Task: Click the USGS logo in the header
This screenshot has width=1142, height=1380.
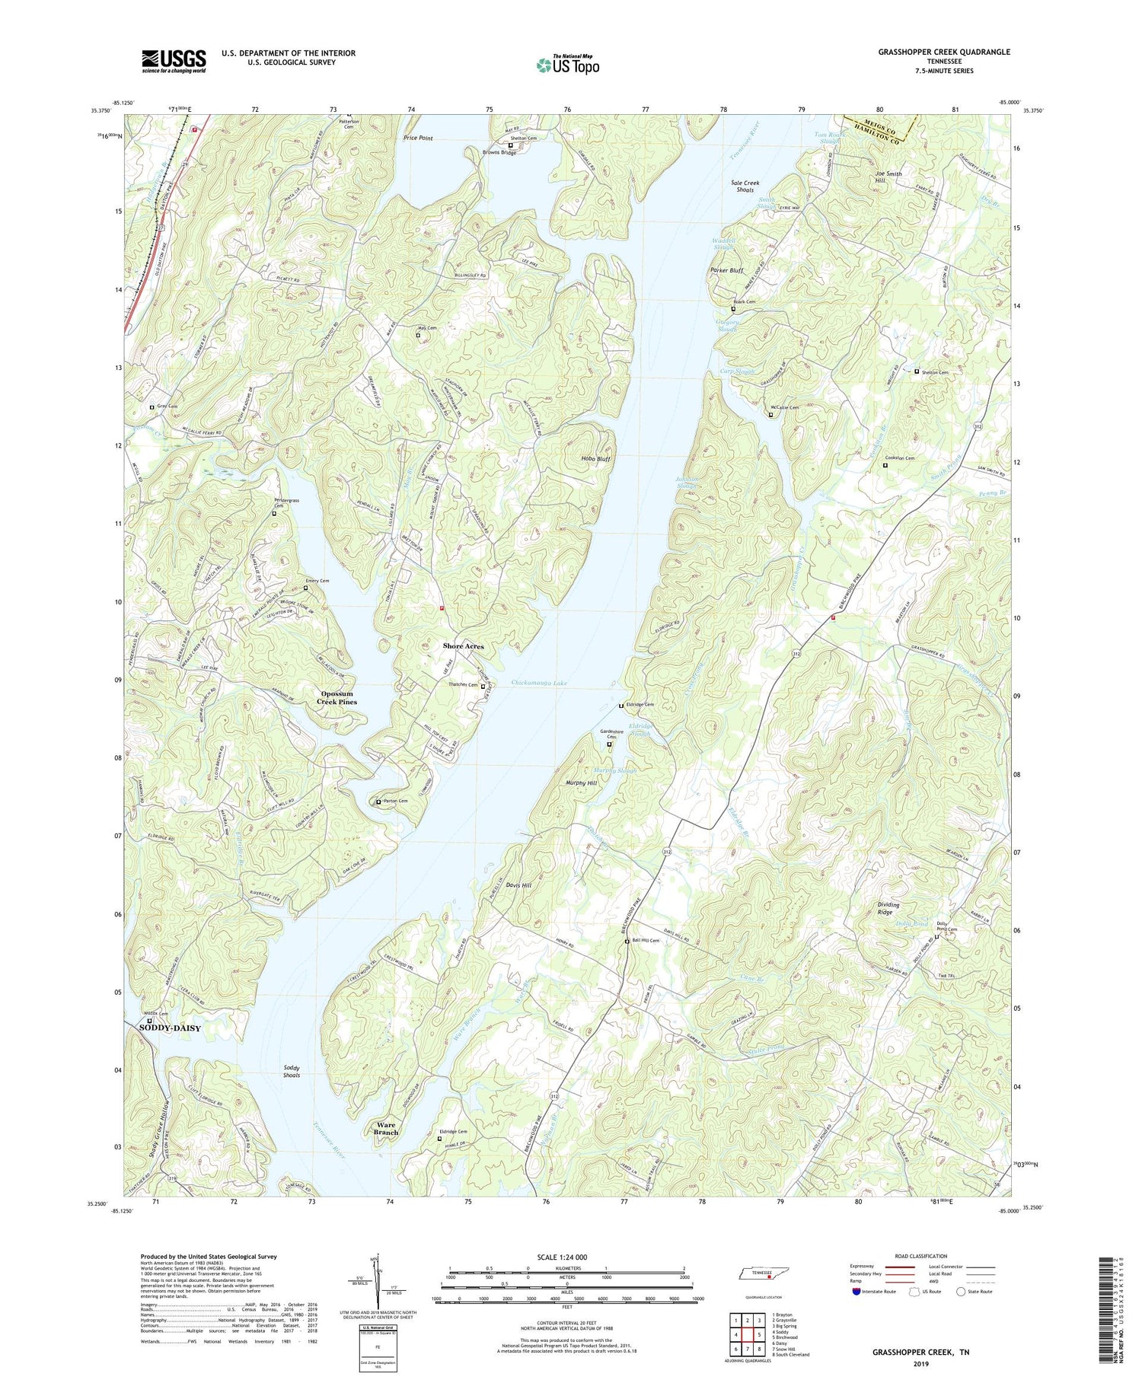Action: pyautogui.click(x=174, y=61)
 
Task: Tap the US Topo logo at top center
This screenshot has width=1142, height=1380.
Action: pyautogui.click(x=567, y=65)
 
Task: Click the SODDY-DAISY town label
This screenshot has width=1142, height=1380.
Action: pyautogui.click(x=171, y=1028)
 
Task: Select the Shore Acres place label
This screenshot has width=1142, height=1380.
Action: pyautogui.click(x=463, y=646)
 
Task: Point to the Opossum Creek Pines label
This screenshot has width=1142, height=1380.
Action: pyautogui.click(x=337, y=698)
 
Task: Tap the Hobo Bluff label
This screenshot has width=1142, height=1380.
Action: pyautogui.click(x=596, y=460)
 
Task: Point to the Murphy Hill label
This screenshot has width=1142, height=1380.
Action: pyautogui.click(x=581, y=783)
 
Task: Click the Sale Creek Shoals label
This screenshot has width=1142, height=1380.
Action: pyautogui.click(x=745, y=186)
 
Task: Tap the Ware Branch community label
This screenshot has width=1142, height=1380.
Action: pyautogui.click(x=386, y=1128)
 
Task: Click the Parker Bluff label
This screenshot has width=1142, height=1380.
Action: pyautogui.click(x=726, y=270)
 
